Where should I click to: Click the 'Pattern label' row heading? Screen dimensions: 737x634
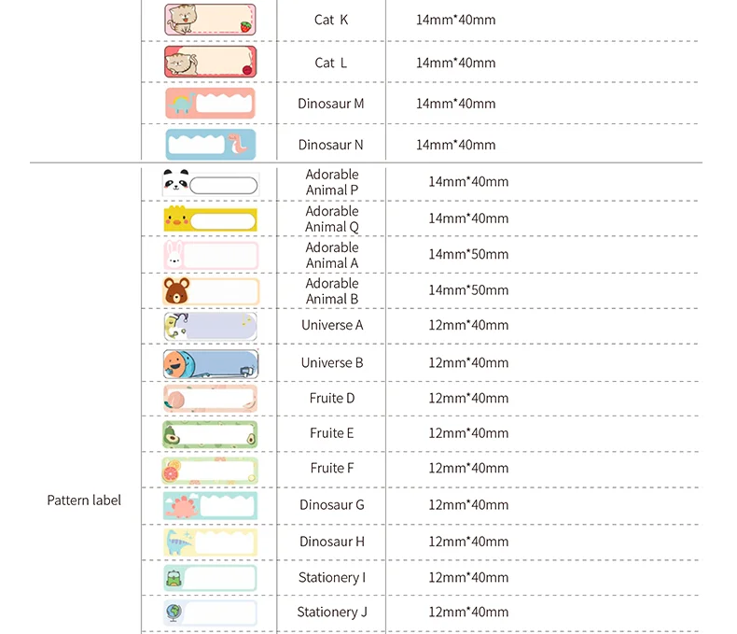tap(84, 500)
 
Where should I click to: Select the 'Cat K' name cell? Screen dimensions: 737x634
tap(331, 20)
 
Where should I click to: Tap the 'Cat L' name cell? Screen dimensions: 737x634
tap(331, 63)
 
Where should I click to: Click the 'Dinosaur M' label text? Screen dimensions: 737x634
tap(331, 104)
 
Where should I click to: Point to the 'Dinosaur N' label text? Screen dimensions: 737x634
tap(331, 145)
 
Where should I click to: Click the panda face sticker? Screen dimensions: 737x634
tap(175, 183)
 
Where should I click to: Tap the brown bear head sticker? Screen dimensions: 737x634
tap(175, 291)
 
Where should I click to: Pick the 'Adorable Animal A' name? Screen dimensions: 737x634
tap(332, 255)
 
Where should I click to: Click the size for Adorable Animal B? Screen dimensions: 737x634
tap(468, 290)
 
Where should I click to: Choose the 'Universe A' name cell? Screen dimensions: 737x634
tap(332, 325)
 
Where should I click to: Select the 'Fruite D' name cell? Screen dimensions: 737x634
tap(332, 398)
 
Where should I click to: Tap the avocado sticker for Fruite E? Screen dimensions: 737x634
tap(172, 434)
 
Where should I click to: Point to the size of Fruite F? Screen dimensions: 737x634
tap(468, 468)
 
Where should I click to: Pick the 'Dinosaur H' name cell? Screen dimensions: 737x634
tap(332, 542)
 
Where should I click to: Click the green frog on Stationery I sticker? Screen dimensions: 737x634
tap(174, 577)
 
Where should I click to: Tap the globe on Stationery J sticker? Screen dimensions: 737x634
tap(174, 613)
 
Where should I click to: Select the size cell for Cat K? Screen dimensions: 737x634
tap(456, 20)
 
